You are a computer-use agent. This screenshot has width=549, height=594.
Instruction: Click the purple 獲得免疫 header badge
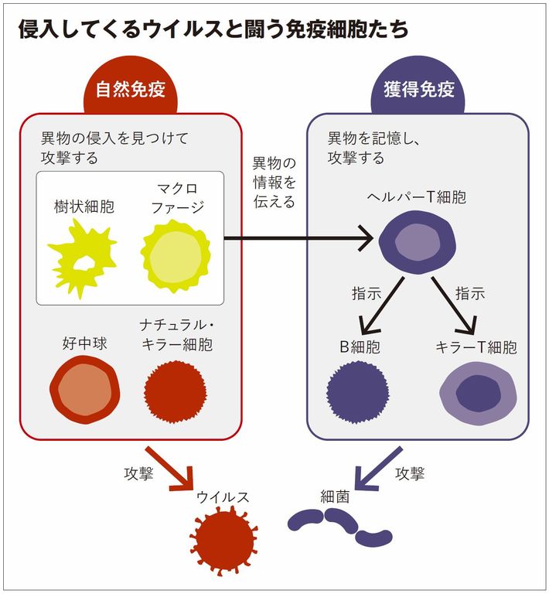pos(418,91)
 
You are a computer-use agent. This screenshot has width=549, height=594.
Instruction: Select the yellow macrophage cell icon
pos(176,252)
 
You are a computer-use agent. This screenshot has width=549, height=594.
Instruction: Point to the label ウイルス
pos(223,497)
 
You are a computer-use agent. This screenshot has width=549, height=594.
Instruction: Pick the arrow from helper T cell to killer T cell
pos(457,304)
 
